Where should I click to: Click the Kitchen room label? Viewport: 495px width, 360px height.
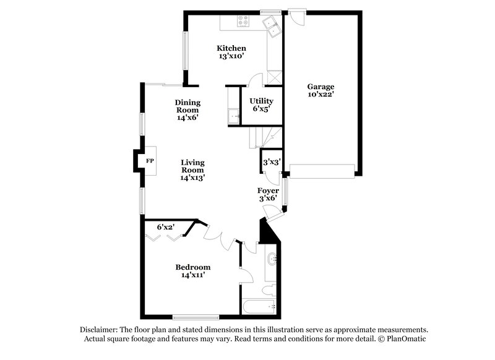231,48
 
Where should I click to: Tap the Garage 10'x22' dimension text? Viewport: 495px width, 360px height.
321,95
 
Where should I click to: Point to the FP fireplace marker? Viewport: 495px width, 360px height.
149,161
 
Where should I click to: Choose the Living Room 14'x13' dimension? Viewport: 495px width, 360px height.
192,177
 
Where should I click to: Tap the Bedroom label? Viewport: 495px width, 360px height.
192,267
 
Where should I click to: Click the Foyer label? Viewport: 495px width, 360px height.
269,191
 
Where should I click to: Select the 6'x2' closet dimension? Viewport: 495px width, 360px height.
165,227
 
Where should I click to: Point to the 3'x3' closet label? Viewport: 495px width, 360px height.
272,162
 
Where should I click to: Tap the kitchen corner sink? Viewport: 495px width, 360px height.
271,25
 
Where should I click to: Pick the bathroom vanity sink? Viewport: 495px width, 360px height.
273,259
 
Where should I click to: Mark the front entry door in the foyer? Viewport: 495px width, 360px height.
272,211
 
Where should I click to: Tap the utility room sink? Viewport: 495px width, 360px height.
234,114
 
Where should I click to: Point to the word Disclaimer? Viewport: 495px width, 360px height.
100,330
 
